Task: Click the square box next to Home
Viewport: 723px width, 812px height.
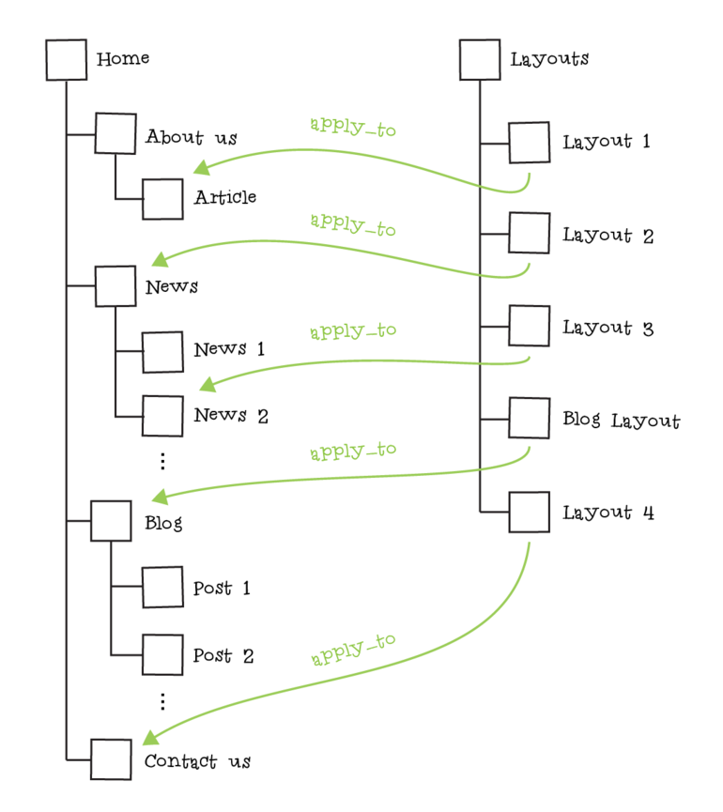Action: pyautogui.click(x=67, y=60)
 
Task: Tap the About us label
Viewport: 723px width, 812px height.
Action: pyautogui.click(x=191, y=138)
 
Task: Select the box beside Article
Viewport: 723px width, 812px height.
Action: pyautogui.click(x=162, y=198)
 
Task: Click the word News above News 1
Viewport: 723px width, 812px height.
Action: pyautogui.click(x=172, y=287)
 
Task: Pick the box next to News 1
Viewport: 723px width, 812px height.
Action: pyautogui.click(x=162, y=351)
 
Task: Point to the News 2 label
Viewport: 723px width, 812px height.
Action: pyautogui.click(x=231, y=415)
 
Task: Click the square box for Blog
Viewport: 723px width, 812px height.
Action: pyautogui.click(x=111, y=521)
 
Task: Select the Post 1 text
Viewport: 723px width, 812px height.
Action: pyautogui.click(x=222, y=589)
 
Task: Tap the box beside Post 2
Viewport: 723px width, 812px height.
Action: pyautogui.click(x=162, y=654)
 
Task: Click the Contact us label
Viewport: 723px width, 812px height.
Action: pyautogui.click(x=197, y=761)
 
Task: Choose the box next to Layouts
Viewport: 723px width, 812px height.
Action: pyautogui.click(x=480, y=60)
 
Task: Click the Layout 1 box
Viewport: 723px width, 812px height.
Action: pyautogui.click(x=530, y=143)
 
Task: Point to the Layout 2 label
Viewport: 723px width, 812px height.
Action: pyautogui.click(x=608, y=236)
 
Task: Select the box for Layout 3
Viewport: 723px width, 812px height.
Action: pyautogui.click(x=530, y=326)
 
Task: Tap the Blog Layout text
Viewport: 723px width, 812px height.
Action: pyautogui.click(x=621, y=421)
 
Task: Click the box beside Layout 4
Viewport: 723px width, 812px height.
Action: pyautogui.click(x=530, y=512)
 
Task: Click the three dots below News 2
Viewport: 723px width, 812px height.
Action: pyautogui.click(x=162, y=461)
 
